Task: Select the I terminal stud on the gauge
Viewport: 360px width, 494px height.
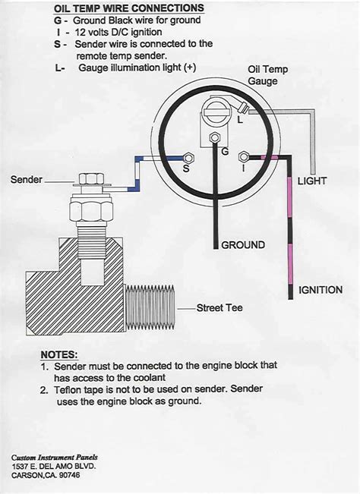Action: coord(242,158)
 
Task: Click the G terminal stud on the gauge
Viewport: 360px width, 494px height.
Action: coord(215,138)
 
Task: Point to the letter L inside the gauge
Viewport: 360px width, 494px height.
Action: coord(240,119)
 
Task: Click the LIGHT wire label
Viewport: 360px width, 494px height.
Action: coord(311,181)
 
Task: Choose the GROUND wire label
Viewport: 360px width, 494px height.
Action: coord(243,245)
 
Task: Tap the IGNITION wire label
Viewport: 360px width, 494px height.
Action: coord(320,290)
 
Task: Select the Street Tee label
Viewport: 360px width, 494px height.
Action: coord(219,308)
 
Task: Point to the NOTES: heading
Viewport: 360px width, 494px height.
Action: coord(58,354)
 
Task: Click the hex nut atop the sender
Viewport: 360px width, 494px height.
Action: coord(92,180)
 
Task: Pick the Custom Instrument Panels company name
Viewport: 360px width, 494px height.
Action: coord(55,458)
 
